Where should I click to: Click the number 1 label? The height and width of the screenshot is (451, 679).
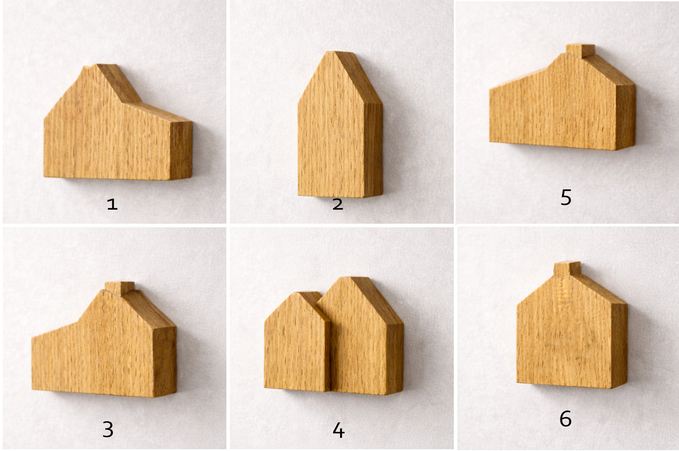point(112,204)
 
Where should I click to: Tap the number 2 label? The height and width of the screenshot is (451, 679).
point(338,204)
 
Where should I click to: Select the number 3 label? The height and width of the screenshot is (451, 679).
point(108,429)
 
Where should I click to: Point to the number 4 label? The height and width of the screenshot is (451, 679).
point(338,430)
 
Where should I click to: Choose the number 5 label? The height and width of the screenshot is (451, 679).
point(566,197)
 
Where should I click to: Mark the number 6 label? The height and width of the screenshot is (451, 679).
point(566,419)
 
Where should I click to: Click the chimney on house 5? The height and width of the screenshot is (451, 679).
point(580,51)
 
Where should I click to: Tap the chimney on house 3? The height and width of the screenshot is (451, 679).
point(119,288)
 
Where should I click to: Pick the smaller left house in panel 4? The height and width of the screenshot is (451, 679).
point(297,342)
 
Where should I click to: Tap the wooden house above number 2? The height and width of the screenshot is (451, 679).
point(340,124)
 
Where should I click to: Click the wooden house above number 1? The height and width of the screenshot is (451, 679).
point(118,122)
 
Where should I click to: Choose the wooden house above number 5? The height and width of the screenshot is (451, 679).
point(563,98)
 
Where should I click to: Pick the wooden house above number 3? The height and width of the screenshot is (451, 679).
point(104,340)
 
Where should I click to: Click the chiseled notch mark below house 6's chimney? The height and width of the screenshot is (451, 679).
point(563,293)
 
